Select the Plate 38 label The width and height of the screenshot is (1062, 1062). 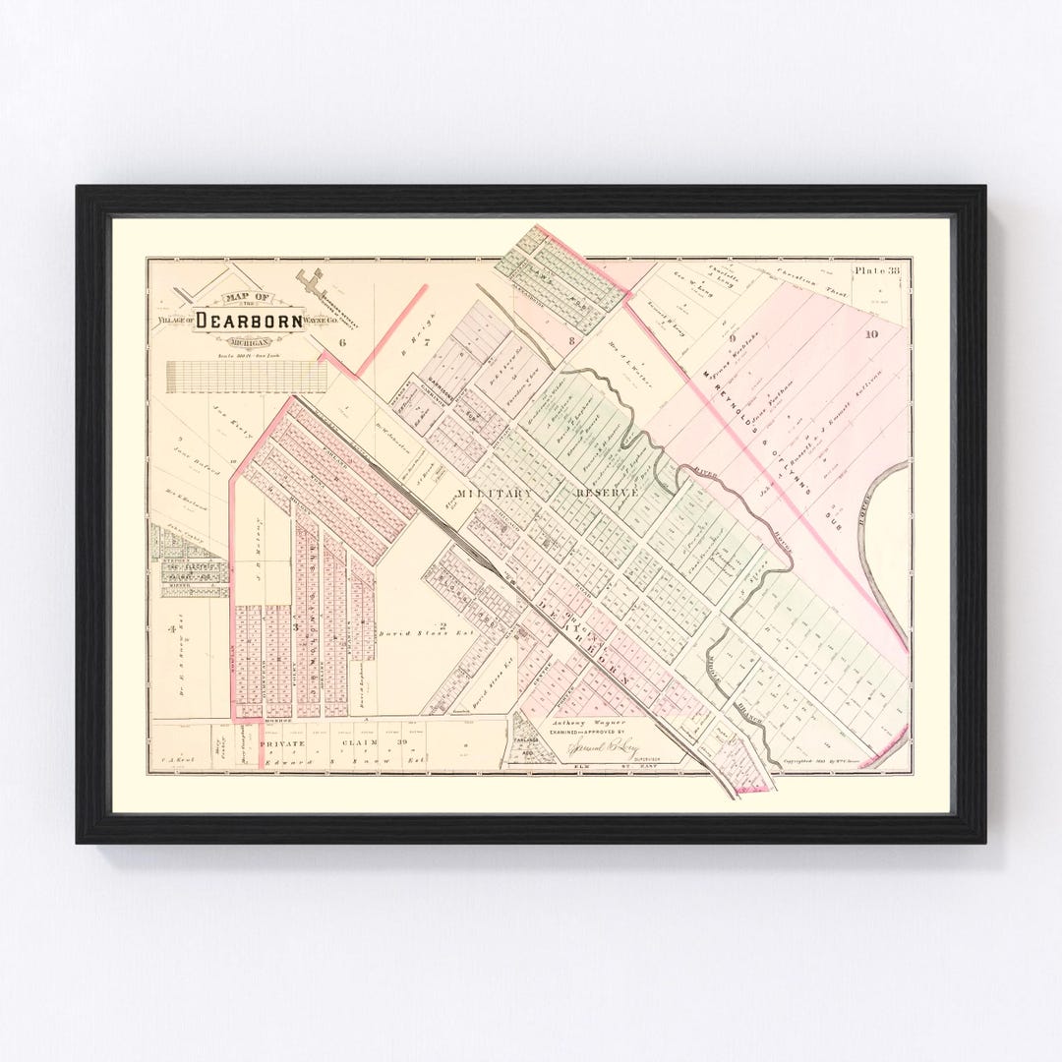tap(876, 270)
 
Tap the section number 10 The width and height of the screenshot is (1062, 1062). tap(871, 335)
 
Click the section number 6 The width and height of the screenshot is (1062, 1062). tap(343, 342)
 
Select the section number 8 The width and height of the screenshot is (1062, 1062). tap(570, 340)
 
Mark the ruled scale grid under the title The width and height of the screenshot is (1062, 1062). tap(247, 376)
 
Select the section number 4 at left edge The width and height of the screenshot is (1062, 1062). tap(171, 627)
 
